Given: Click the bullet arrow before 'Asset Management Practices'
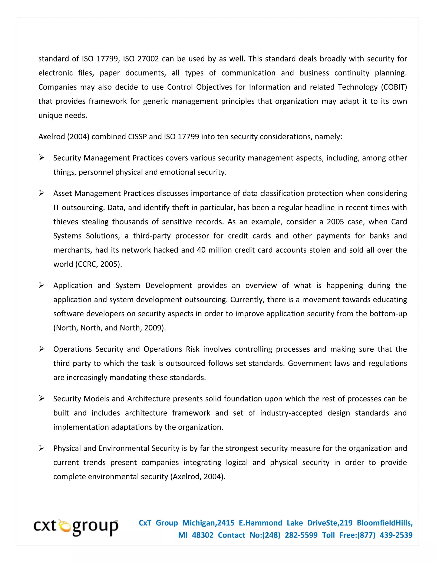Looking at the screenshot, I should [x=42, y=193].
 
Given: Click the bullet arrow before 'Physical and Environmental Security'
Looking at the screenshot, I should [x=42, y=448].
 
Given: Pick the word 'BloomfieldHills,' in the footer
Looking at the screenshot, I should [x=385, y=523].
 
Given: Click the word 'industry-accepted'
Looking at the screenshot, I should [x=291, y=413].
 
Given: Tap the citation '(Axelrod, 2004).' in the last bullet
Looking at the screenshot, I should [x=198, y=476].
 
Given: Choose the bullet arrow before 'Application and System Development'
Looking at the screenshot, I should [x=42, y=285].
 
